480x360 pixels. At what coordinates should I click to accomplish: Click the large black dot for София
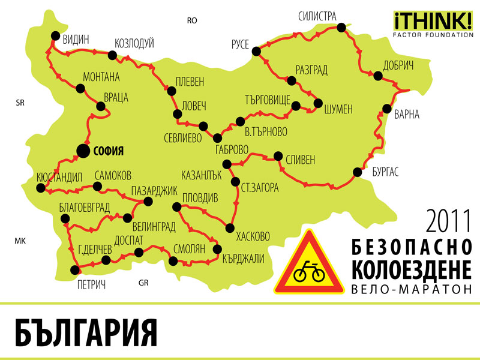[82, 151]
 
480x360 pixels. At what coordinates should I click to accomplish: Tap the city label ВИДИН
[76, 40]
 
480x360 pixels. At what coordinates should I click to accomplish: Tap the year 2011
[449, 221]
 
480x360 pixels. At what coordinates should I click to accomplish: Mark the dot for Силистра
[341, 27]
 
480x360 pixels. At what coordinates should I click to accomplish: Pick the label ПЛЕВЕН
[190, 81]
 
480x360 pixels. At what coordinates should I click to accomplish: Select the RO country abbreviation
[192, 20]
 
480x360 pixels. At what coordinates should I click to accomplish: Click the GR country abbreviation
[143, 283]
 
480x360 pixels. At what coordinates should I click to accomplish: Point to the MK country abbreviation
[20, 241]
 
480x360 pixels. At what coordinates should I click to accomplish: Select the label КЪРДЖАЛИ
[243, 258]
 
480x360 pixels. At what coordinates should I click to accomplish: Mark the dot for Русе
[256, 51]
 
